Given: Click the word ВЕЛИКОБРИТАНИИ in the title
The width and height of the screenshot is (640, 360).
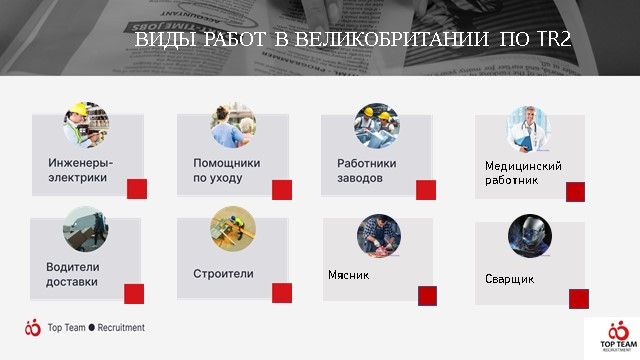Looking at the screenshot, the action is click(391, 39).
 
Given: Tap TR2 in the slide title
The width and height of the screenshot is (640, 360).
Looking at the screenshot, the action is click(554, 39).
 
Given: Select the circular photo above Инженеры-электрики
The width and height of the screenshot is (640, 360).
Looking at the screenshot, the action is click(86, 125).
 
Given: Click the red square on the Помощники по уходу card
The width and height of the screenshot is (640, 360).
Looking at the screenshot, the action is click(282, 190).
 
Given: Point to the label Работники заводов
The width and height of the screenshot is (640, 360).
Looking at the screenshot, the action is click(367, 170).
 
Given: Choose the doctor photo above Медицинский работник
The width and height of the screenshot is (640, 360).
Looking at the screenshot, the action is click(529, 129).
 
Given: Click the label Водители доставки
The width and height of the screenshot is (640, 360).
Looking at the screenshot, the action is click(73, 274).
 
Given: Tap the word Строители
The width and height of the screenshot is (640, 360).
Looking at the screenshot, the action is click(223, 273).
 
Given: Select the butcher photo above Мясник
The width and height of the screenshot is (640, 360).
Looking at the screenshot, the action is click(379, 236).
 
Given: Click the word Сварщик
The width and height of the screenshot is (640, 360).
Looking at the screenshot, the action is click(509, 279).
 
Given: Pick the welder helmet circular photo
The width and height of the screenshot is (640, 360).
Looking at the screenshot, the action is click(530, 236).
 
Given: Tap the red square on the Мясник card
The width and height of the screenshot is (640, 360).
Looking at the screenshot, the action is click(427, 296).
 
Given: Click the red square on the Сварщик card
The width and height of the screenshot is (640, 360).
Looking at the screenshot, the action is click(579, 299).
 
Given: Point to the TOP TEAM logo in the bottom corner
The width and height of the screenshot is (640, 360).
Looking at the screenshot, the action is click(618, 336).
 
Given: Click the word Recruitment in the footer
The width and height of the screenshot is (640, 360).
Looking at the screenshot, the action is click(121, 327).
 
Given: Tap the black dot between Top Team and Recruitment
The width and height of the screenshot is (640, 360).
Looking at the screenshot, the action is click(91, 327).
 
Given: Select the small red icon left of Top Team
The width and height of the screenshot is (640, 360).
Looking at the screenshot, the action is click(33, 327).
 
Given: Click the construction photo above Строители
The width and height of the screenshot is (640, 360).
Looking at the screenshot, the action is click(233, 229).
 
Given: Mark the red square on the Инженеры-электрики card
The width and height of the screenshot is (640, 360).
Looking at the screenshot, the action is click(137, 189).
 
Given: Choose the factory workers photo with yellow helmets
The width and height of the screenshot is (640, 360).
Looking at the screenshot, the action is click(376, 125).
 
